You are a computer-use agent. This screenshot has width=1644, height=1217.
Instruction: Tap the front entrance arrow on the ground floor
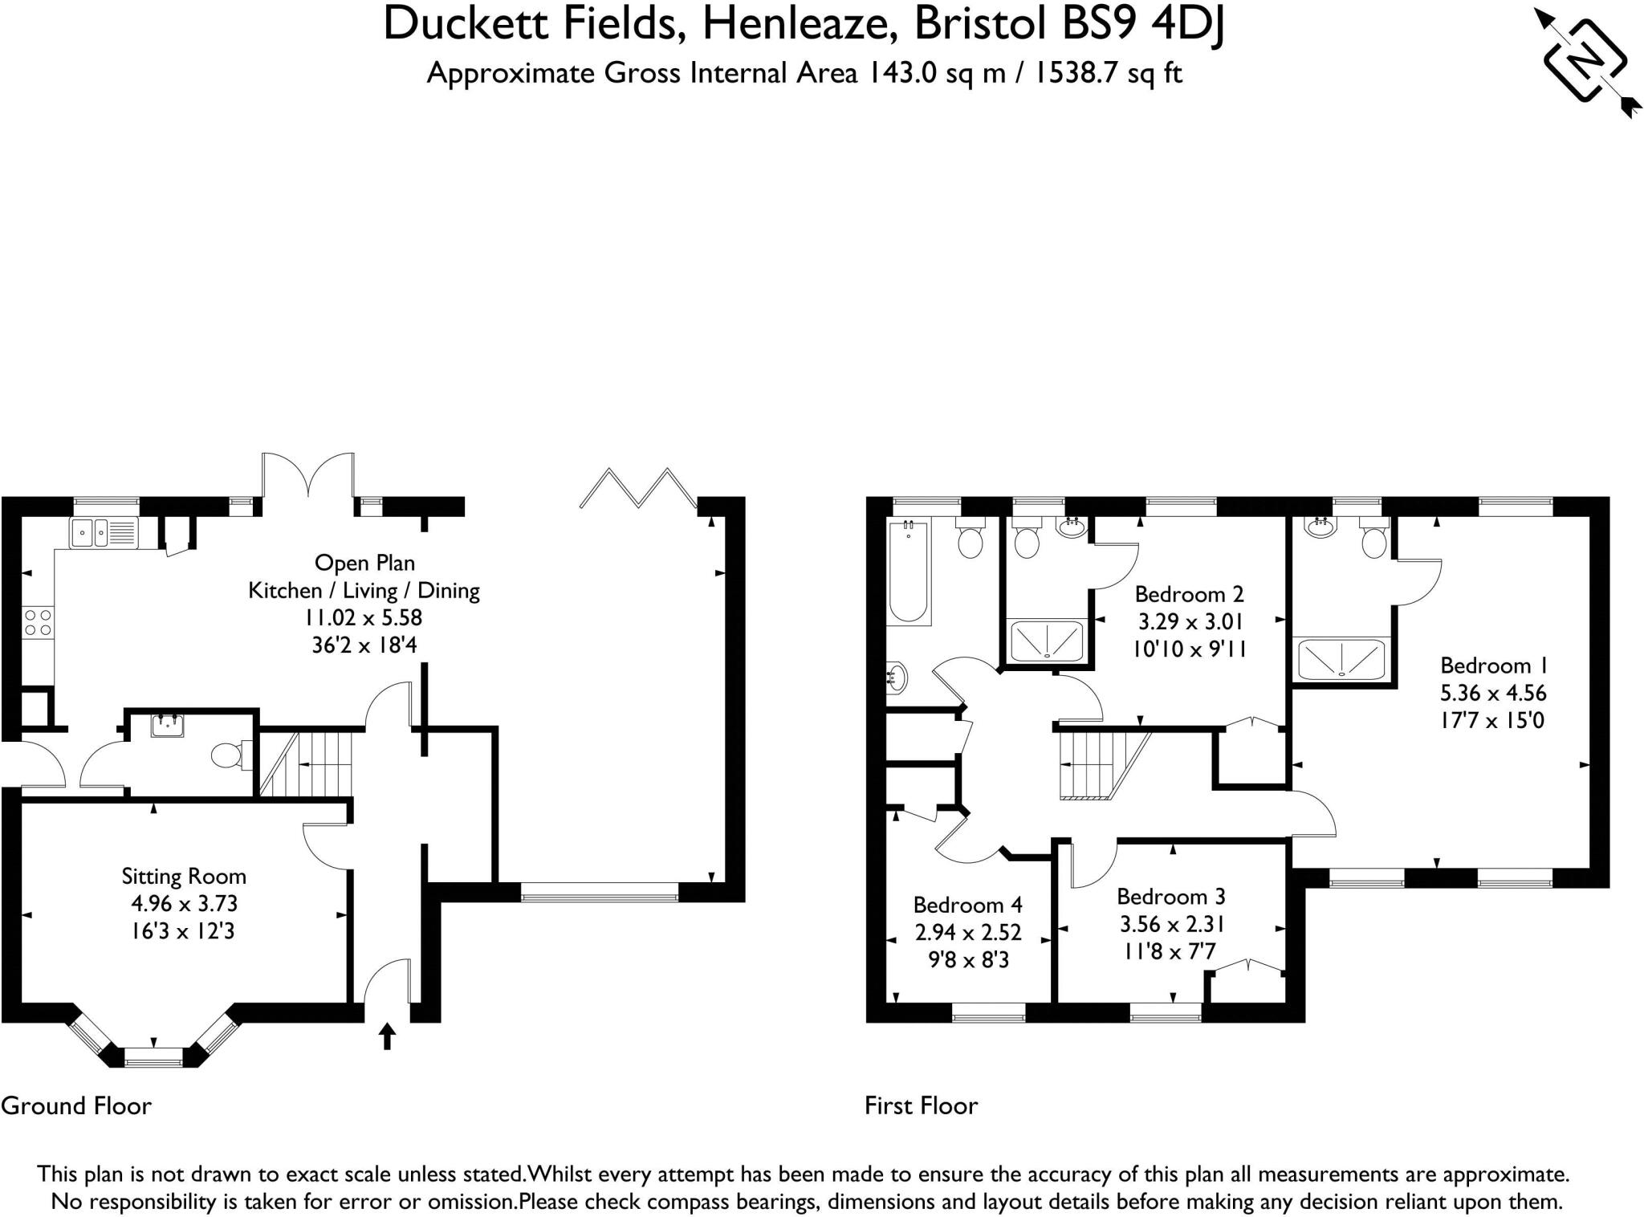(387, 1036)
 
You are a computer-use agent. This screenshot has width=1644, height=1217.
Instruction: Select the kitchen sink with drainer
(104, 533)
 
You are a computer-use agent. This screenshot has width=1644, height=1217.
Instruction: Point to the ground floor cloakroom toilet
(227, 755)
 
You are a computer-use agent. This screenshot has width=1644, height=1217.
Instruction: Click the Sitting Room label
(184, 876)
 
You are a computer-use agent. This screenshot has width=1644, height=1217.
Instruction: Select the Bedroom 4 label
(967, 905)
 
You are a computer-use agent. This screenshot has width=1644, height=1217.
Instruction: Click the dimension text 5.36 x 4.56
(1492, 693)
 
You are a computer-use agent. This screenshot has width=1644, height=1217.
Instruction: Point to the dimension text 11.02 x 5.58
(363, 617)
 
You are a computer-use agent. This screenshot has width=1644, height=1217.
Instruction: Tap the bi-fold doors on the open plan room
(638, 488)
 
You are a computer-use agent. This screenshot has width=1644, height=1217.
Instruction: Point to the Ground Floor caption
(76, 1105)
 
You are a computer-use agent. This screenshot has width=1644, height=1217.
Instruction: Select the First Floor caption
(921, 1105)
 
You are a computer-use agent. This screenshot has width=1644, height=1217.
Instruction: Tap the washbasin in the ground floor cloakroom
(167, 726)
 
